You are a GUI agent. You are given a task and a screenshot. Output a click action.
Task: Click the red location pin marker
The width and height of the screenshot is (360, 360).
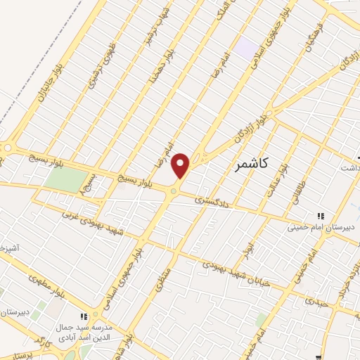[x=181, y=166]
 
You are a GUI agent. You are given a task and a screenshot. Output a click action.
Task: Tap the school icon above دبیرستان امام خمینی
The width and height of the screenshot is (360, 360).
[x=321, y=216]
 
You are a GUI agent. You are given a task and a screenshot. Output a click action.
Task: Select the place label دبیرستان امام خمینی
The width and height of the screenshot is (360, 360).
[x=321, y=228]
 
